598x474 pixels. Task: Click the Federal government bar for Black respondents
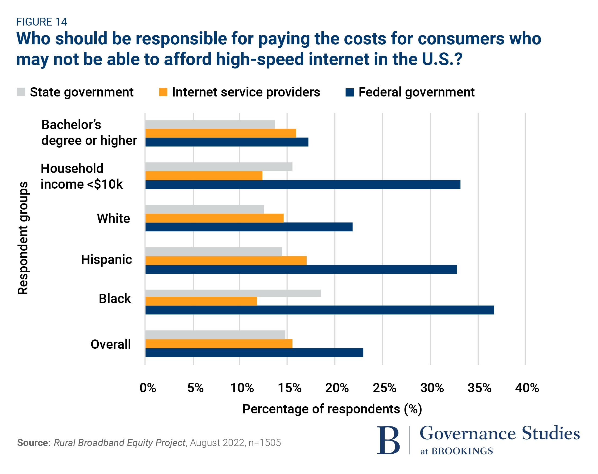[x=320, y=310]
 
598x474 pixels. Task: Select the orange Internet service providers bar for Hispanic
[x=226, y=260]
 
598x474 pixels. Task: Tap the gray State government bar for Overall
[x=215, y=335]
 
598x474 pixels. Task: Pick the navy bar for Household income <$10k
[x=303, y=185]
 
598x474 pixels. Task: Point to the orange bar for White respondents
[x=214, y=218]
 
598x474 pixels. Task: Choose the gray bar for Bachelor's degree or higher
[x=210, y=124]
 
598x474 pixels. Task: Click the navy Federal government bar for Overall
[x=254, y=353]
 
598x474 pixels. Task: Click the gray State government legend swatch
[x=21, y=92]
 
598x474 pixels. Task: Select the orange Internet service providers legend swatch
[x=163, y=92]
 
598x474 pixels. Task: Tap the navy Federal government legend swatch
[x=350, y=92]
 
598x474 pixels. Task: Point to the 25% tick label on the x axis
[x=384, y=388]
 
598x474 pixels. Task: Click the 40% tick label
[x=527, y=388]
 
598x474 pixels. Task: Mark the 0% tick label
[x=148, y=388]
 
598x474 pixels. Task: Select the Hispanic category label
[x=107, y=260]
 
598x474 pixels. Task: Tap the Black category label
[x=115, y=299]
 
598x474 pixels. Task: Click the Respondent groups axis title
[x=23, y=238]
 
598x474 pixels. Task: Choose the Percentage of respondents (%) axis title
[x=332, y=409]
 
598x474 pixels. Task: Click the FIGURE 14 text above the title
[x=42, y=22]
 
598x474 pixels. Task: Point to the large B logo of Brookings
[x=388, y=441]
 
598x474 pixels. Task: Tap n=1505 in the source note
[x=264, y=443]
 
